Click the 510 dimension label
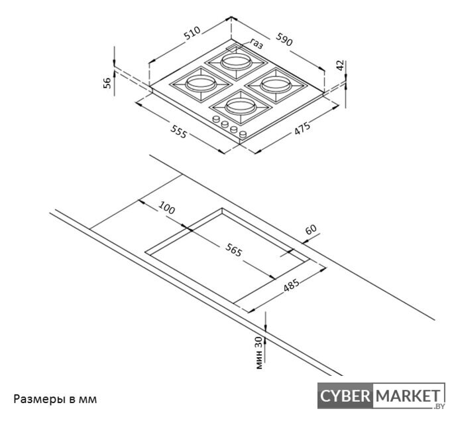[x=192, y=33]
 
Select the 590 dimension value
[x=284, y=39]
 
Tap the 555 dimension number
[x=179, y=131]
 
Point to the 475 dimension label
[x=302, y=128]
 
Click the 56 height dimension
[x=107, y=83]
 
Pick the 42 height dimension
[x=341, y=65]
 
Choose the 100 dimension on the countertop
[x=167, y=208]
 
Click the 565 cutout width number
[x=233, y=250]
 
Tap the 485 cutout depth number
[x=292, y=286]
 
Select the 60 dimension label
[x=311, y=230]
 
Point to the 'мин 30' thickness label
[x=259, y=353]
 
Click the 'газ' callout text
[x=256, y=44]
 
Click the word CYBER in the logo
[x=345, y=396]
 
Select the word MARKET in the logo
[x=408, y=396]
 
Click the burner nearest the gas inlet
[x=236, y=62]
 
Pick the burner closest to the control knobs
[x=241, y=107]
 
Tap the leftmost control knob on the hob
[x=215, y=118]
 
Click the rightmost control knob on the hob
[x=244, y=134]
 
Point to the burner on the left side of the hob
[x=201, y=84]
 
